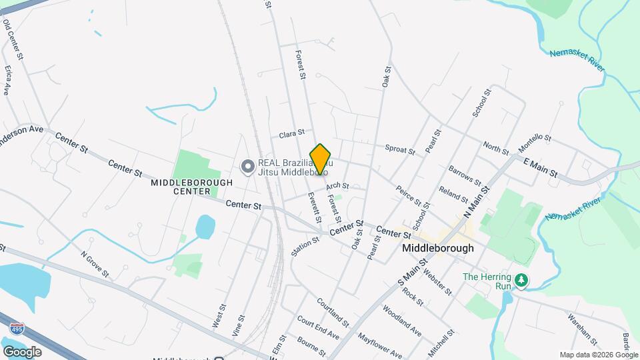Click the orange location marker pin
coord(321,159)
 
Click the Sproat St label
coord(400,149)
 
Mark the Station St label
coord(305,246)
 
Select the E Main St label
coord(540,167)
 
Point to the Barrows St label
coord(465,175)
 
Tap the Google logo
coord(22,351)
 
